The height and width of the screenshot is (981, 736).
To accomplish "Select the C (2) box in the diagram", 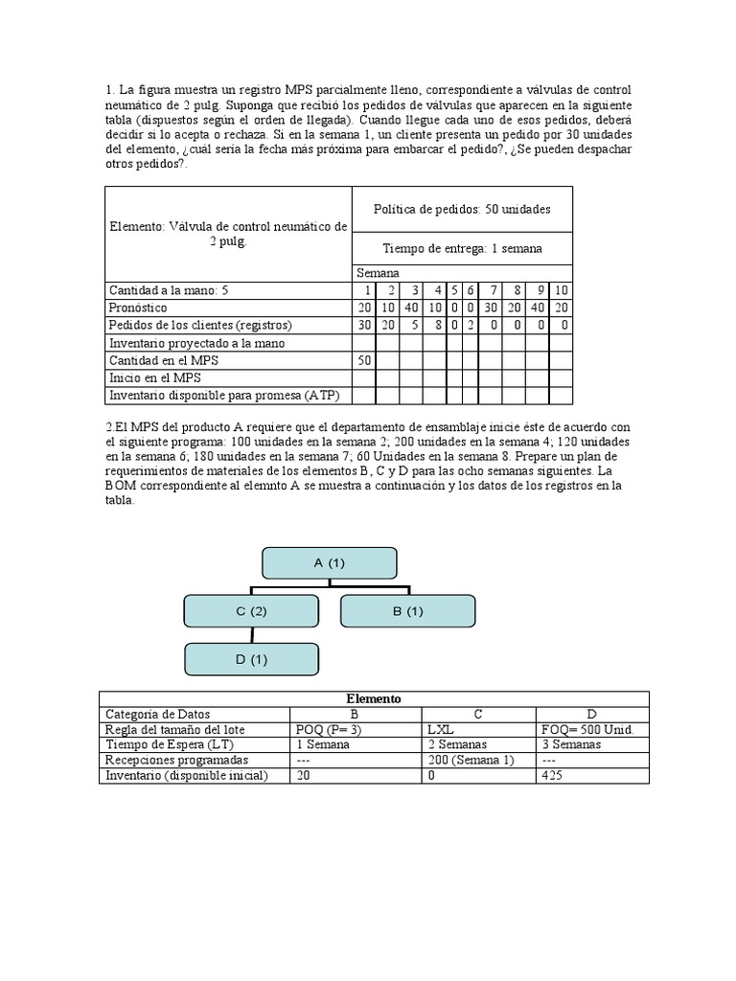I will click(251, 611).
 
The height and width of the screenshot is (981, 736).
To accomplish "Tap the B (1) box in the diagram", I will click(407, 611).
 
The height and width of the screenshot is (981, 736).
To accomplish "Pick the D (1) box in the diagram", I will click(251, 659).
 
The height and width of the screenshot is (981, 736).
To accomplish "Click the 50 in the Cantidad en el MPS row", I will click(363, 360).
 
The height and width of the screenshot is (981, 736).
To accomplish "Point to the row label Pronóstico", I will click(138, 308).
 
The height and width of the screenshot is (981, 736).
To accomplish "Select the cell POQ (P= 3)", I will click(330, 729).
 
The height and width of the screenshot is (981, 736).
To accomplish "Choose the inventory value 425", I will click(552, 775).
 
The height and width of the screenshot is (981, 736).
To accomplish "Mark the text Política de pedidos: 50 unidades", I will click(462, 209).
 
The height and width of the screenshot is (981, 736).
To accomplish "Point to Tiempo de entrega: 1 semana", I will click(462, 248).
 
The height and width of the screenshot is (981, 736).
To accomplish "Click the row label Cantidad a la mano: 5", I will click(169, 290).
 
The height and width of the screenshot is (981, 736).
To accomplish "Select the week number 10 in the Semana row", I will click(562, 290).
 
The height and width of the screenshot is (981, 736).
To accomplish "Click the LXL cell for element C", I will click(442, 729).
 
